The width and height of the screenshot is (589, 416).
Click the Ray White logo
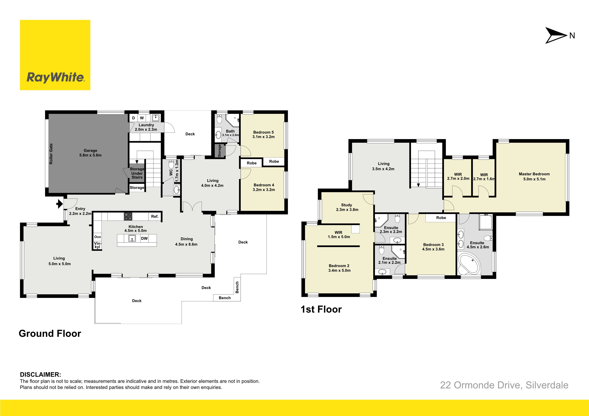(55, 55)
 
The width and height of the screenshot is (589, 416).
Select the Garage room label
(90, 151)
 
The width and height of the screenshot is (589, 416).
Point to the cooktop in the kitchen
(128, 217)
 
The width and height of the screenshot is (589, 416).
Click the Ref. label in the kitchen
(155, 217)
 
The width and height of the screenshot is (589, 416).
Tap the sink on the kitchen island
(132, 238)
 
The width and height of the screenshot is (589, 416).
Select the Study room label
(346, 205)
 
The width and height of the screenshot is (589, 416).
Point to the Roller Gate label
(51, 154)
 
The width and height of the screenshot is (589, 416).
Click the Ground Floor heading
(50, 333)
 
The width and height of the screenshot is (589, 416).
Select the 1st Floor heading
(321, 309)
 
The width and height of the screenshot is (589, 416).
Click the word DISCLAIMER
(40, 374)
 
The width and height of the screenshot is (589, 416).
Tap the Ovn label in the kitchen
(98, 237)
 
